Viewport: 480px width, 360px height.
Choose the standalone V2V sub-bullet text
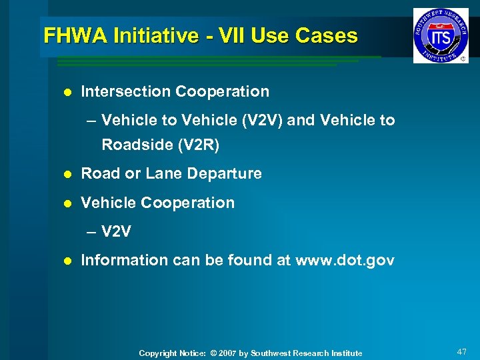click(117, 232)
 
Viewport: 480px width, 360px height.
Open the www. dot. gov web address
click(344, 260)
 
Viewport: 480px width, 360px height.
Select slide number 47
click(461, 351)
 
